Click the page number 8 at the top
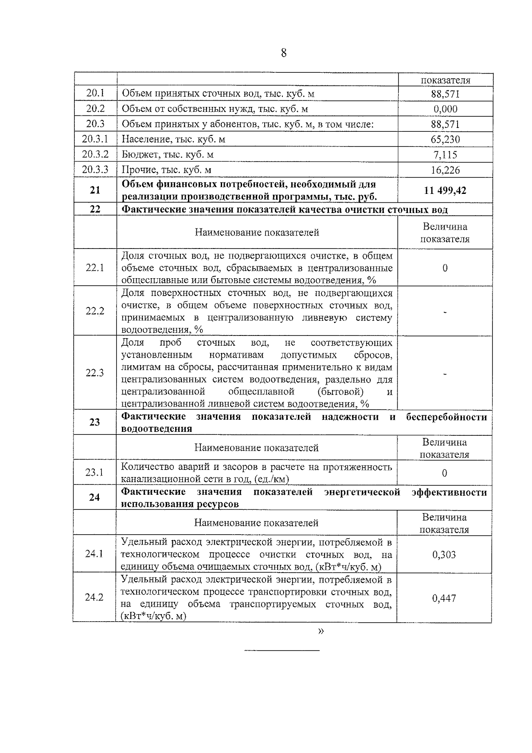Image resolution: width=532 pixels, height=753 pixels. (x=284, y=53)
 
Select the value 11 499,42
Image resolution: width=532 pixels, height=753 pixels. (x=445, y=191)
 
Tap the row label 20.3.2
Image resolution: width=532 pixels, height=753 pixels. (x=95, y=154)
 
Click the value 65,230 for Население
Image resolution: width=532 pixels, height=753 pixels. (x=445, y=139)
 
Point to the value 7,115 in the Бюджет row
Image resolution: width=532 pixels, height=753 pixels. (x=445, y=155)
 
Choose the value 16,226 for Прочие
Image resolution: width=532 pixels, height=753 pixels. (x=445, y=170)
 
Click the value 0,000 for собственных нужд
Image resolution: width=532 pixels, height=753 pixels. (x=445, y=109)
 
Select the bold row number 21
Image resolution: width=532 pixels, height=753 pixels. (x=95, y=190)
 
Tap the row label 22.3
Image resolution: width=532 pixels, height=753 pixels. (x=95, y=373)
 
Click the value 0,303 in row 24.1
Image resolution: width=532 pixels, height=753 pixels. (x=444, y=555)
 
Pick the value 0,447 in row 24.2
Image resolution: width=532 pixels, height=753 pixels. (x=444, y=598)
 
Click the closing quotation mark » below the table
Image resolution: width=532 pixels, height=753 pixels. (x=321, y=631)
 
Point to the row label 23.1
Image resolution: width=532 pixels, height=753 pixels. (x=94, y=473)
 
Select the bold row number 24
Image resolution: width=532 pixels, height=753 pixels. (x=94, y=497)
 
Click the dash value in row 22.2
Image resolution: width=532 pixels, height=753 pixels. (x=445, y=311)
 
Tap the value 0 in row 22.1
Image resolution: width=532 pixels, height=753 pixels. (x=445, y=268)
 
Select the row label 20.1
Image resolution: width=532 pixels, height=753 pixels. (x=95, y=94)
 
